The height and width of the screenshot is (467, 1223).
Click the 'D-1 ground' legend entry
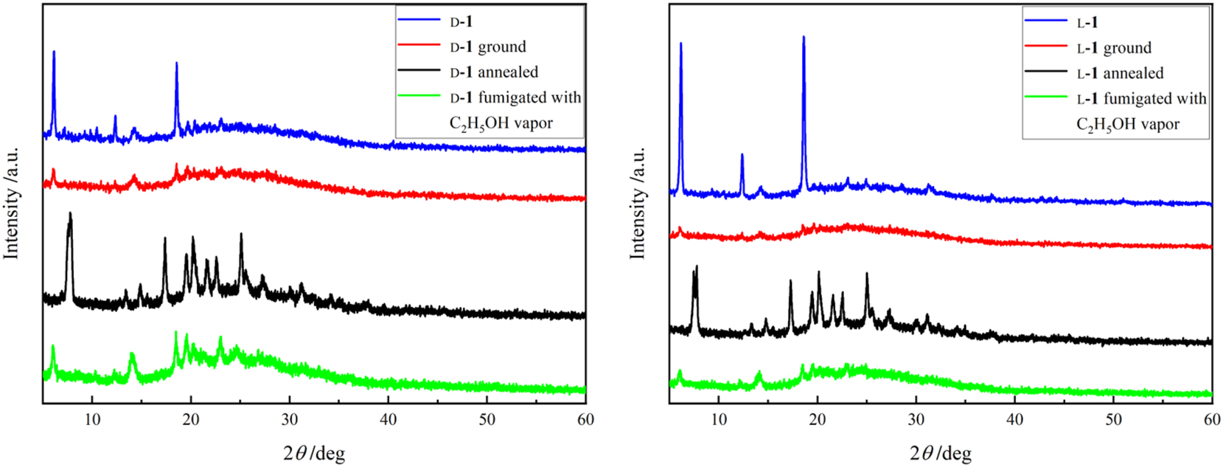[488, 47]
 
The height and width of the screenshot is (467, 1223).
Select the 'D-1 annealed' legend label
[494, 72]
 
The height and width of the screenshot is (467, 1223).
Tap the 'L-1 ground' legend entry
[1114, 48]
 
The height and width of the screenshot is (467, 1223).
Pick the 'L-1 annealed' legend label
[1120, 73]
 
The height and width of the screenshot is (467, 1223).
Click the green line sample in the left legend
[419, 97]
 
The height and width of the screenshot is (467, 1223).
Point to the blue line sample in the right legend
[1045, 22]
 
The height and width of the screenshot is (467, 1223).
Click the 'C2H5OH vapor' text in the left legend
[501, 123]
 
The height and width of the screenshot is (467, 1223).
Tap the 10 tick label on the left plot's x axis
[92, 420]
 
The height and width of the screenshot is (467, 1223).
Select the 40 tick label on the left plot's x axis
[388, 420]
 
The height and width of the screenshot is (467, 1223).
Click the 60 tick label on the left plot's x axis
[585, 420]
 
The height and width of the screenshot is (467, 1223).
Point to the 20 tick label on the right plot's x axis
[817, 420]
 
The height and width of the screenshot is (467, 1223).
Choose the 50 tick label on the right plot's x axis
[1113, 420]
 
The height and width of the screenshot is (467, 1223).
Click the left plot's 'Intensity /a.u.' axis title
[12, 203]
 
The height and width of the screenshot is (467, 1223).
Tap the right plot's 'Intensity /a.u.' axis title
[638, 203]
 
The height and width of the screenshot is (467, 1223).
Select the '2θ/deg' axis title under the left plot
[314, 452]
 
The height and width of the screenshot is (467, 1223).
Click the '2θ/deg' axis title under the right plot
[941, 452]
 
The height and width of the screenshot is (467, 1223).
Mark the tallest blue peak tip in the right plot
[804, 36]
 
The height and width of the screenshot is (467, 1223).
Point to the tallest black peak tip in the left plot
[70, 213]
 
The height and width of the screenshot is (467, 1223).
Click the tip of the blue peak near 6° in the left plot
[54, 52]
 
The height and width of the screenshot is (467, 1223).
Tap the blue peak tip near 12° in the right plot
[742, 154]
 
